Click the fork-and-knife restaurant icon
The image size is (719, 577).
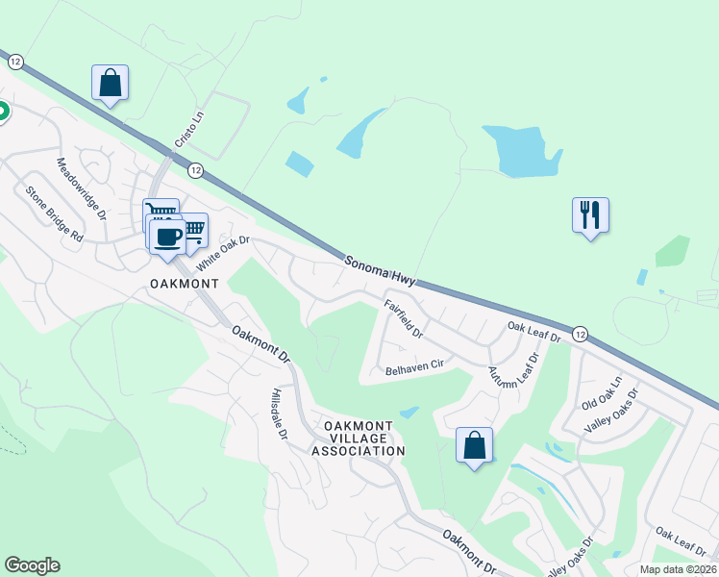tap(590, 213)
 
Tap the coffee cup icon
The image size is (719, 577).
tap(166, 237)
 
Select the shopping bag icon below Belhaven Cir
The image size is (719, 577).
tap(474, 445)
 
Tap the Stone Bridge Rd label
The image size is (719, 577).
tap(55, 212)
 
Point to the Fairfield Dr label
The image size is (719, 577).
tap(404, 318)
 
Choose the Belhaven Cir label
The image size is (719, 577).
tap(414, 365)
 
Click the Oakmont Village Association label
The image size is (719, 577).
tap(364, 438)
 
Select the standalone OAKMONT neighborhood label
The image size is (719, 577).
tap(185, 284)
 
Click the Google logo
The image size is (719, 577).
tap(32, 565)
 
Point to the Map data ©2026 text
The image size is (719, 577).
tap(678, 569)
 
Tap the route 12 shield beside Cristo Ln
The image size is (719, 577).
tap(196, 169)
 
